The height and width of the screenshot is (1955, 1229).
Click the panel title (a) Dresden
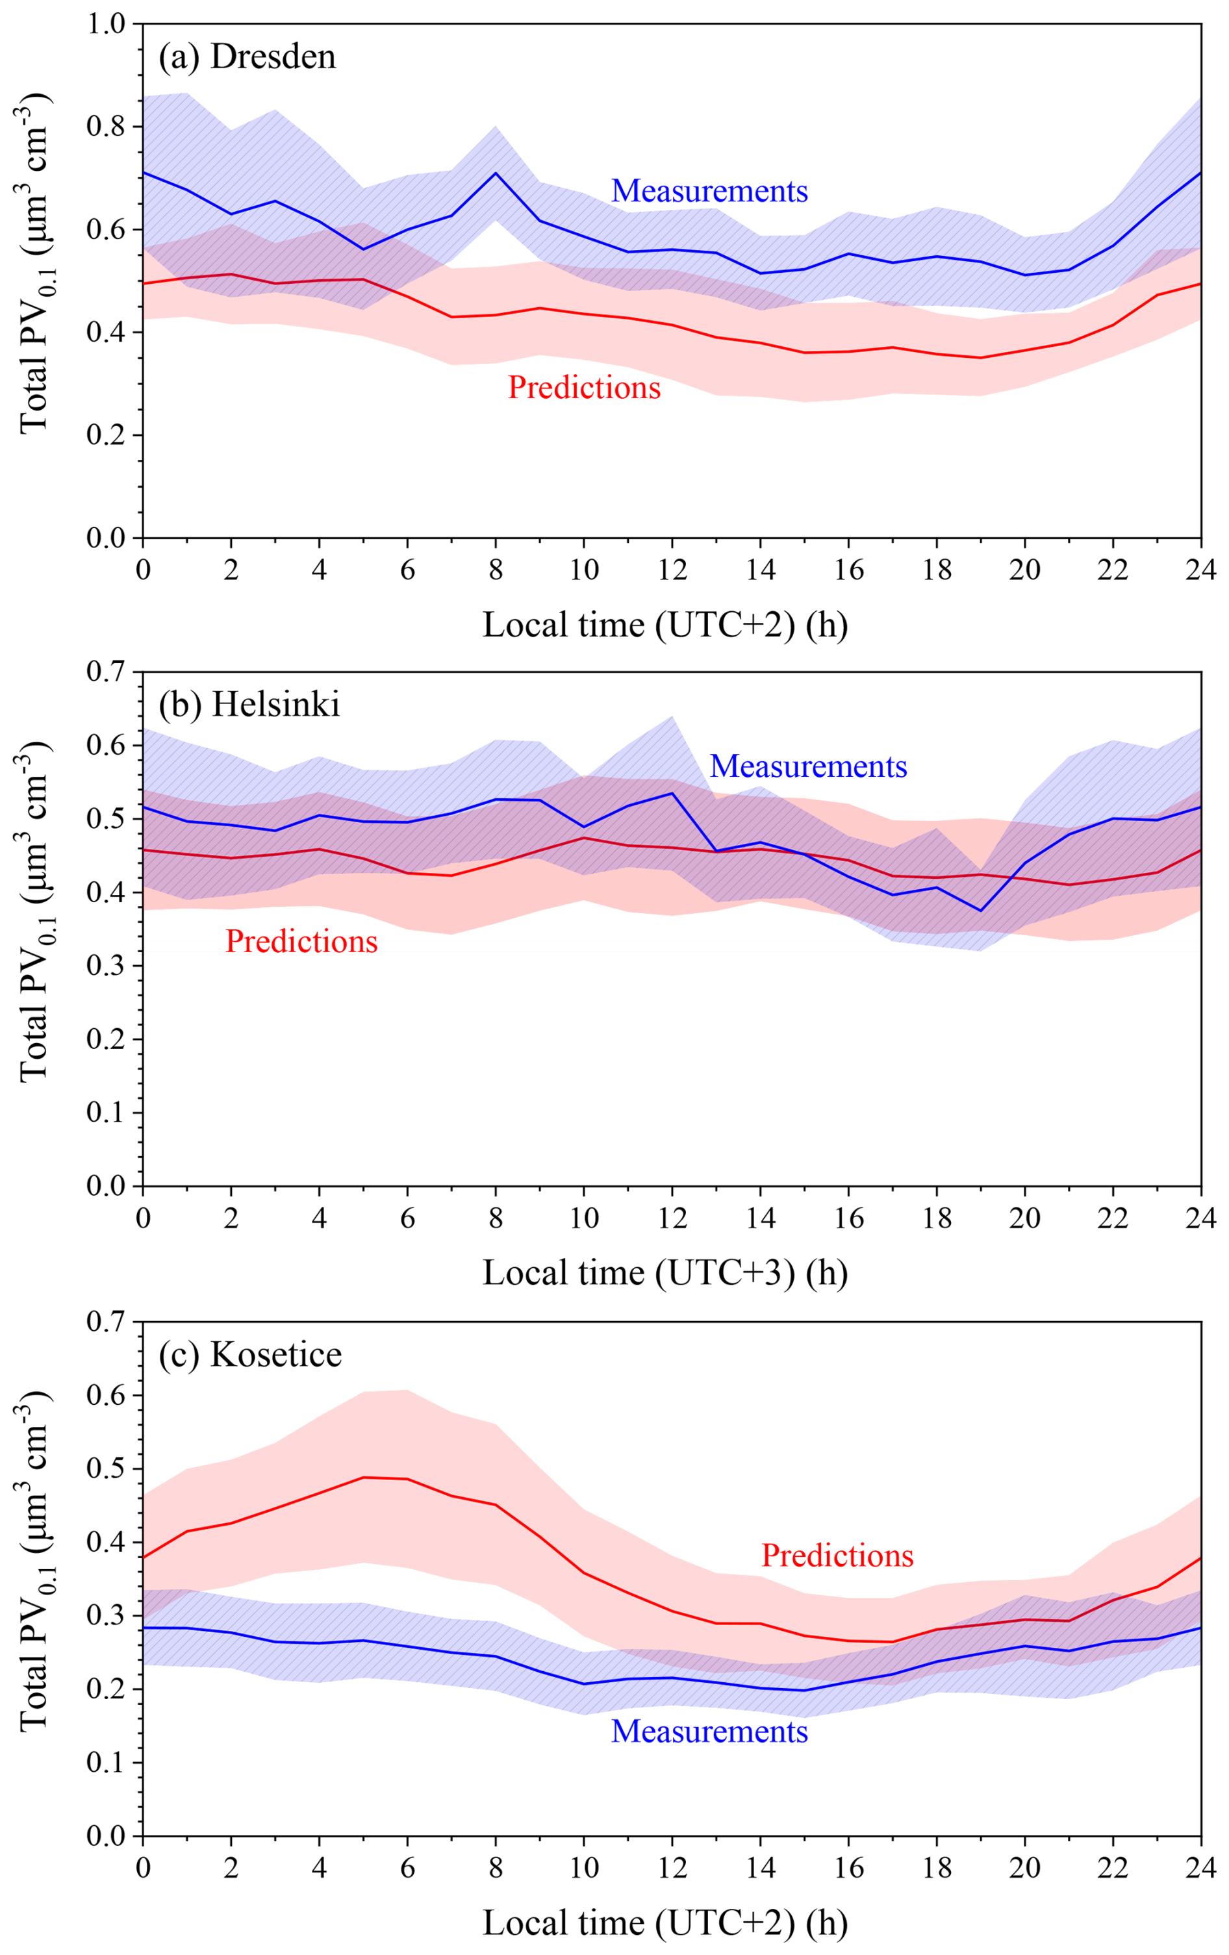coord(247,58)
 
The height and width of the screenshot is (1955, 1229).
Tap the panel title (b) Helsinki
coord(249,705)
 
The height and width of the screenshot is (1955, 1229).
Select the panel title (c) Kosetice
coord(250,1354)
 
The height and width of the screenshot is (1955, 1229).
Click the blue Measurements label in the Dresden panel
coord(709,191)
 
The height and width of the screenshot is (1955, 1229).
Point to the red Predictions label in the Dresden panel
coord(584,387)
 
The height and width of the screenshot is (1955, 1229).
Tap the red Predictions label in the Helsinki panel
coord(301,941)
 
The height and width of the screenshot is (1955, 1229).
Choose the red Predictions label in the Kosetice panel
coord(837,1556)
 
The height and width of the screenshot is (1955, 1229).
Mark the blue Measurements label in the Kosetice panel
coord(709,1731)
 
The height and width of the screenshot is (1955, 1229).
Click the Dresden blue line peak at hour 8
coord(495,173)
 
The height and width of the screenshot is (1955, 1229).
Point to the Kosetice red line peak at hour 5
coord(363,1478)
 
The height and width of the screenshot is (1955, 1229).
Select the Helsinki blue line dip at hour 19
coord(981,911)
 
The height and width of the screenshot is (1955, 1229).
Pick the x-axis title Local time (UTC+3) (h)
coord(665,1272)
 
